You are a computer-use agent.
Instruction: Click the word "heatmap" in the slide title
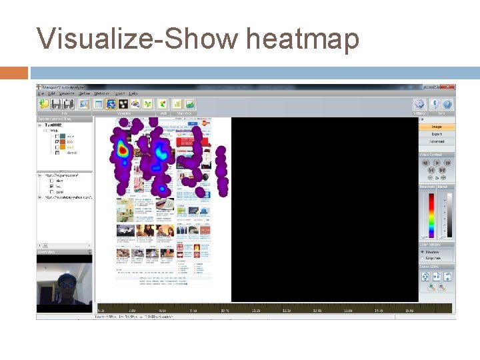pos(302,38)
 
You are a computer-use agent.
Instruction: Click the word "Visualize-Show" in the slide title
pos(137,38)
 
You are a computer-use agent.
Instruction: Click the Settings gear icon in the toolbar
pos(419,104)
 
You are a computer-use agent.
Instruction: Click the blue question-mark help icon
pos(447,104)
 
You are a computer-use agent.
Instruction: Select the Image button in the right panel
pos(437,127)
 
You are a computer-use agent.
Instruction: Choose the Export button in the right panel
pos(437,134)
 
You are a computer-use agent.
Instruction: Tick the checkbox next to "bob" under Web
pos(58,141)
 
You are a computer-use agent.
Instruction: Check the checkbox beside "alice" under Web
pos(58,136)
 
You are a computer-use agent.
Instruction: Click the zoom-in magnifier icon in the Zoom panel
pos(432,287)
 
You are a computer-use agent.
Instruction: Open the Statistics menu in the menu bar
pos(101,93)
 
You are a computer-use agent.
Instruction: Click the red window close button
pos(451,87)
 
